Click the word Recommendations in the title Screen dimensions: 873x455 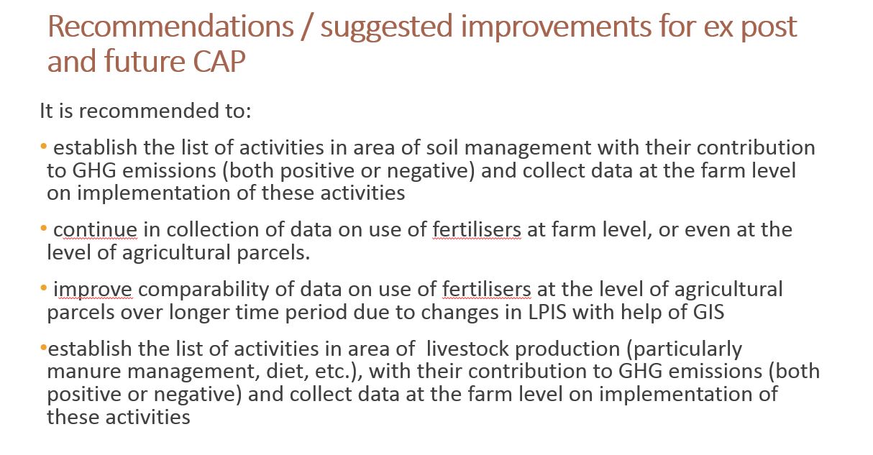(170, 27)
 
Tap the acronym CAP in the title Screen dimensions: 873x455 (219, 62)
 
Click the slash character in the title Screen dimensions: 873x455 (307, 27)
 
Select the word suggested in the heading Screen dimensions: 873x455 (386, 28)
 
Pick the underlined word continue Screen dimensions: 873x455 (95, 230)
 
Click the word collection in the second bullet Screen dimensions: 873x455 (213, 229)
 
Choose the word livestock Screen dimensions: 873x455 (467, 349)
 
